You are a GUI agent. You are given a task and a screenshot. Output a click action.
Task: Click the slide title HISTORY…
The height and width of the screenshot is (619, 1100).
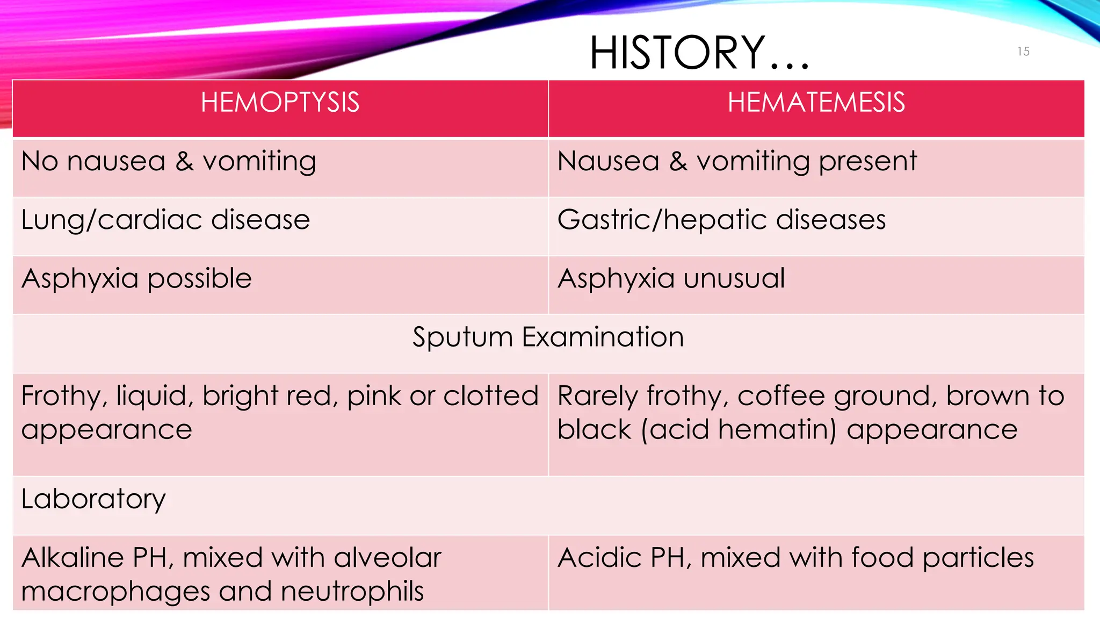[x=699, y=53]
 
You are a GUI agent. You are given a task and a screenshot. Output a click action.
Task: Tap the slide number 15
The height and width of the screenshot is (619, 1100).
[x=1023, y=52]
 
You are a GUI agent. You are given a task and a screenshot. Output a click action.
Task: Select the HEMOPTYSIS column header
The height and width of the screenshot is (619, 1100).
[x=280, y=102]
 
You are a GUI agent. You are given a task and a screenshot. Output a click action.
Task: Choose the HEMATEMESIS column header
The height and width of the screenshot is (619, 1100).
[x=816, y=102]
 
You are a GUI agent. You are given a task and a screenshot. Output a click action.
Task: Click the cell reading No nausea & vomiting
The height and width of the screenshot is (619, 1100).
[x=169, y=161]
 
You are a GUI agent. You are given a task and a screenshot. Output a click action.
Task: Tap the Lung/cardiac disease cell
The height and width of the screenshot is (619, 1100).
[x=165, y=220]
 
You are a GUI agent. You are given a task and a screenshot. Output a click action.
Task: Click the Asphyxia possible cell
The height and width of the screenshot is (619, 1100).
[x=136, y=278]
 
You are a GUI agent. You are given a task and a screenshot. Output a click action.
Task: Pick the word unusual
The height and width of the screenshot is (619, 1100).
[x=734, y=278]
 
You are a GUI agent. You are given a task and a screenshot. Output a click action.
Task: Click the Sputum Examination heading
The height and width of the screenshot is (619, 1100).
[x=548, y=337]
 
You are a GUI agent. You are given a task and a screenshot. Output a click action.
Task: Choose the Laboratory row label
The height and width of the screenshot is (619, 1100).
[x=93, y=499]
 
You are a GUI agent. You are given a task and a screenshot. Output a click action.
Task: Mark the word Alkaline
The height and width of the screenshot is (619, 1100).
[x=73, y=557]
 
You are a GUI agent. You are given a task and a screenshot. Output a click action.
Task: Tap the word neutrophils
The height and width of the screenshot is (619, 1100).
[x=352, y=591]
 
